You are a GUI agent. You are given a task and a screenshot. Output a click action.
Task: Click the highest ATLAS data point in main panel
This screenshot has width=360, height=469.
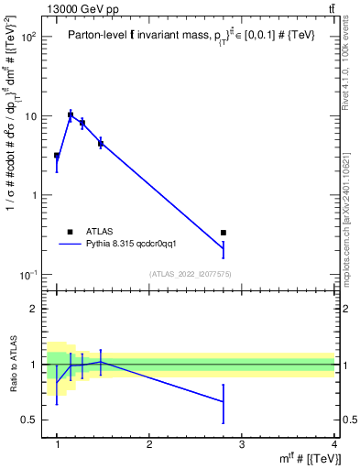(71, 115)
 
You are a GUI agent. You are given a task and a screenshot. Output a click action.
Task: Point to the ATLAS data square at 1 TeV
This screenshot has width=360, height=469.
(57, 156)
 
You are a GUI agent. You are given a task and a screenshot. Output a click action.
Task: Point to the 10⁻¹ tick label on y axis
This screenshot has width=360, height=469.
(28, 275)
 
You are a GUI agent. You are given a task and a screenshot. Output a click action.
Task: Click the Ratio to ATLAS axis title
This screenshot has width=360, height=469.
(13, 365)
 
